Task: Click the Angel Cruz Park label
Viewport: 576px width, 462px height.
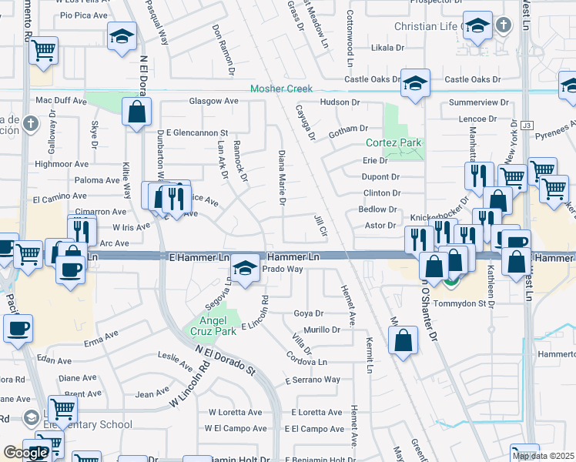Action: tap(213, 324)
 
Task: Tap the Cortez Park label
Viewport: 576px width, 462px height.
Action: tap(393, 143)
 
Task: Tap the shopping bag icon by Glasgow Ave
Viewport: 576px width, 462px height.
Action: tap(136, 112)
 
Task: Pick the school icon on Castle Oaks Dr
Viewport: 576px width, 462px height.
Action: tap(415, 82)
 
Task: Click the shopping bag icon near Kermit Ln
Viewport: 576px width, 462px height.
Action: tap(403, 340)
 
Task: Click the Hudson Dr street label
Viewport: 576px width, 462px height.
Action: tap(340, 102)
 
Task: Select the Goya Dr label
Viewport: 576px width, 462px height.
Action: tap(308, 313)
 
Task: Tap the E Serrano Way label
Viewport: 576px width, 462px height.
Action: tap(313, 380)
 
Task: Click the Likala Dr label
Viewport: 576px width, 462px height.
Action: tap(387, 48)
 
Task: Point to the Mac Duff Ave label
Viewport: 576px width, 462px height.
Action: tap(62, 101)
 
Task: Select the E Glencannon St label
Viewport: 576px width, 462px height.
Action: tap(193, 132)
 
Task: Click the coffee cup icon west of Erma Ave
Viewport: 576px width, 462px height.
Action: tap(18, 329)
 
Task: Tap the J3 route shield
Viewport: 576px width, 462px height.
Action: tap(527, 125)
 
